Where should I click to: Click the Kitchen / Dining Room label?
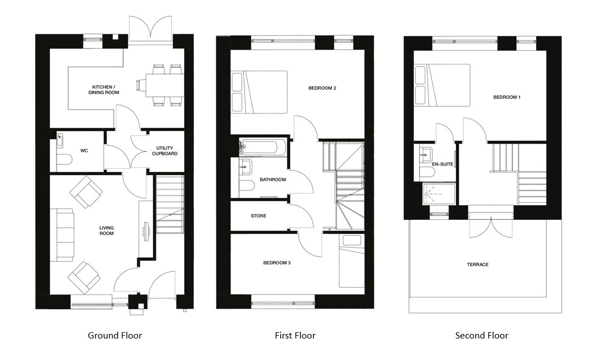(x=104, y=90)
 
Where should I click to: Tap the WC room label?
(x=84, y=151)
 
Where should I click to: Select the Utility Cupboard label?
(x=164, y=151)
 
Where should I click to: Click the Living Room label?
(x=106, y=231)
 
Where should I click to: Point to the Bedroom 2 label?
(x=322, y=88)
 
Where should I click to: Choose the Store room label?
(x=259, y=216)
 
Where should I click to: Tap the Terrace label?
(x=477, y=264)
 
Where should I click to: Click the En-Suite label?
(x=442, y=164)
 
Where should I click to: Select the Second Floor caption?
(x=481, y=336)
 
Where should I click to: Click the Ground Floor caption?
(x=115, y=336)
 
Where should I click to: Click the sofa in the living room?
(x=62, y=235)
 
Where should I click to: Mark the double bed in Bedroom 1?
(x=442, y=85)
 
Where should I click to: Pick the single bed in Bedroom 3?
(x=351, y=261)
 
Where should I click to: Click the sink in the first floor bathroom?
(x=246, y=166)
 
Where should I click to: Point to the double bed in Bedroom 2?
(x=259, y=92)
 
